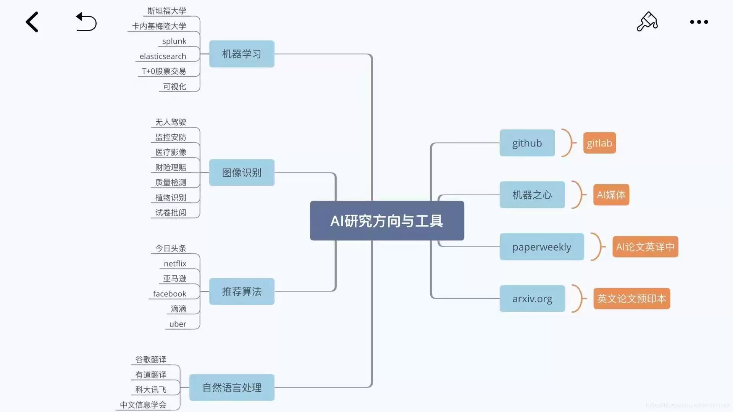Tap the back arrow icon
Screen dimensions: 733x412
tap(32, 22)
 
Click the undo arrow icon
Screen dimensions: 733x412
tap(86, 22)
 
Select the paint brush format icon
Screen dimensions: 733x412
tap(647, 21)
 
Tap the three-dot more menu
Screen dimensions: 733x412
tap(699, 22)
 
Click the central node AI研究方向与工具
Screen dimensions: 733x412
tap(387, 220)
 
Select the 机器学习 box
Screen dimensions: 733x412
tap(242, 54)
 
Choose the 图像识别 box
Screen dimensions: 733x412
tap(242, 172)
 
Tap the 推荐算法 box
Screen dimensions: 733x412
tap(242, 291)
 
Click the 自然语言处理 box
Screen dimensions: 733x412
tap(232, 388)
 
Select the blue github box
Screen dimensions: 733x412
tap(527, 143)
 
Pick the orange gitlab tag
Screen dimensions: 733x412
tap(599, 143)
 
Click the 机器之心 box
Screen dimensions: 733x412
tap(532, 195)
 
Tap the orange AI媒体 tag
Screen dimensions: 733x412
tap(611, 195)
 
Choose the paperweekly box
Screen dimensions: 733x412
tap(542, 247)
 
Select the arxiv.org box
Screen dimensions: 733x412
tap(532, 299)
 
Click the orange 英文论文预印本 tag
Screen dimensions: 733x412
tap(631, 298)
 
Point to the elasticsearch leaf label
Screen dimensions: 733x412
tap(163, 56)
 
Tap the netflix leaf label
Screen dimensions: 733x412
tap(175, 264)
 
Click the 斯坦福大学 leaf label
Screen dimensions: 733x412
tap(167, 11)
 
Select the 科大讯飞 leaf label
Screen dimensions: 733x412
tap(151, 389)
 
